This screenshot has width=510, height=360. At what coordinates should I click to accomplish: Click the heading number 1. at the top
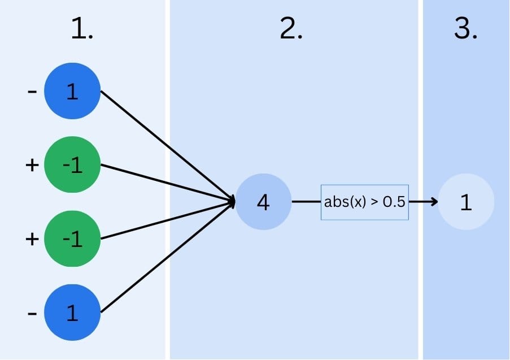82,29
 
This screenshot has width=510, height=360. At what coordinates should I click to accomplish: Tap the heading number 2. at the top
291,29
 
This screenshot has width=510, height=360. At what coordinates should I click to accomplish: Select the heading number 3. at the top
466,29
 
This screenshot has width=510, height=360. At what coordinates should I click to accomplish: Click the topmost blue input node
72,92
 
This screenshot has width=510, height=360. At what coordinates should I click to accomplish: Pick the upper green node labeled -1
72,165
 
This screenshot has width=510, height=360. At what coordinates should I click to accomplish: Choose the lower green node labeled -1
72,238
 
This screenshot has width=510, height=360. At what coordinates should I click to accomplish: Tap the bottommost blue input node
72,313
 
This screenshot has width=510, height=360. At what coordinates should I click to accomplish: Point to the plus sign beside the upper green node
32,165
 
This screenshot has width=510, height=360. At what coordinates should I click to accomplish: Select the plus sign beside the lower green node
32,238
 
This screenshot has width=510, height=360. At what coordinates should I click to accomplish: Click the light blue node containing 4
263,202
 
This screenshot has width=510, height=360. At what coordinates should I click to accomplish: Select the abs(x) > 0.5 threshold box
364,202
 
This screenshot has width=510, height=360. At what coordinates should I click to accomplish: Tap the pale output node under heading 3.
466,202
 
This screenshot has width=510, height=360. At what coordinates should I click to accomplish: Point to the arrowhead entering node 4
232,201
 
